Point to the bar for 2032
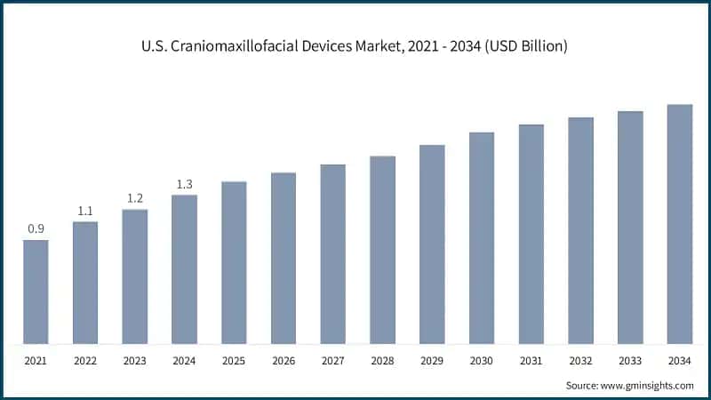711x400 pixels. tap(580, 230)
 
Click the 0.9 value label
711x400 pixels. tap(36, 229)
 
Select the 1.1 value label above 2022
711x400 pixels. tap(85, 211)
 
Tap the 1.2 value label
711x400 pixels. tap(135, 198)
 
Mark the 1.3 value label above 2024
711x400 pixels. tap(184, 184)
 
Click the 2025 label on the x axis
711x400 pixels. tap(234, 362)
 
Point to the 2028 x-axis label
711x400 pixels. tap(382, 362)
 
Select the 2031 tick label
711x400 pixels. tap(531, 362)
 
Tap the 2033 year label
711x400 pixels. tap(630, 362)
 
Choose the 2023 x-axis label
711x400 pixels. tap(135, 362)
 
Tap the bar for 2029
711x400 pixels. tap(432, 244)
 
